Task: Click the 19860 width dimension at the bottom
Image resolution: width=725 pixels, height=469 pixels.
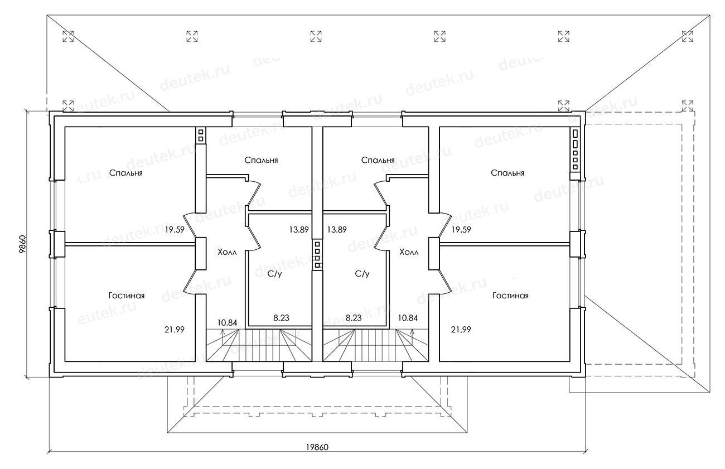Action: pos(317,447)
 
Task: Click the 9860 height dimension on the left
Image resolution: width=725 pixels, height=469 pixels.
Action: pos(22,245)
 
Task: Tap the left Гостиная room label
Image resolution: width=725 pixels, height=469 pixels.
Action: pos(127,296)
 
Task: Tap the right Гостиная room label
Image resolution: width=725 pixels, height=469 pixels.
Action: pos(510,296)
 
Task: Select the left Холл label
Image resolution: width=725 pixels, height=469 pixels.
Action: pos(227,252)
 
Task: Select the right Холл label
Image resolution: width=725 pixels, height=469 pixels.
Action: pos(409,252)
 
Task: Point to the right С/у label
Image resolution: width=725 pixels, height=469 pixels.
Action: pos(362,274)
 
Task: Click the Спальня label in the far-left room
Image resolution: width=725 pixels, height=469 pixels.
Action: pos(126,173)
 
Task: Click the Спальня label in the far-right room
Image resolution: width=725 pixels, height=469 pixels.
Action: pos(507,173)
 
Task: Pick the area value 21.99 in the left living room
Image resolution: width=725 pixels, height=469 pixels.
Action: pos(175,330)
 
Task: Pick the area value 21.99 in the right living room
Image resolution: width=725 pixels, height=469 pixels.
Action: pos(461,330)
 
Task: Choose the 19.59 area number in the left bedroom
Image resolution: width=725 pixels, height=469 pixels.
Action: pos(175,230)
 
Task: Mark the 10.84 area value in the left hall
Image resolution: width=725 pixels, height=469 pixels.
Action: pos(227,322)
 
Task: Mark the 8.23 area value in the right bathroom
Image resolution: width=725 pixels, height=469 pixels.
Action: pos(354,318)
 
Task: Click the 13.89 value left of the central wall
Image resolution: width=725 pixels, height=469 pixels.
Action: pos(299,230)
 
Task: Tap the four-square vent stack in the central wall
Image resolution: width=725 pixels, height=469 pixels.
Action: pos(317,255)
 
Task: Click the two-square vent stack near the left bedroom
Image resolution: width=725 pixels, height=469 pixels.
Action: pos(201,136)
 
